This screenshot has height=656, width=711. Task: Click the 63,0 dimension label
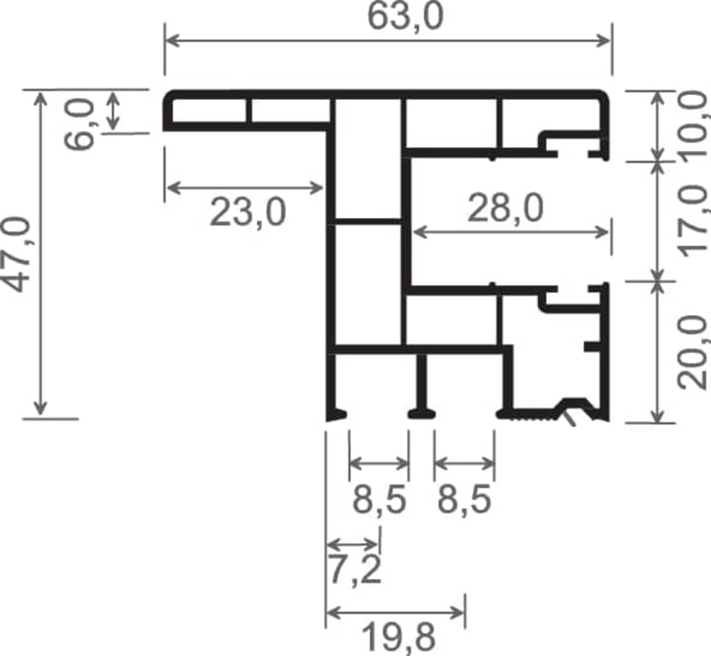click(405, 16)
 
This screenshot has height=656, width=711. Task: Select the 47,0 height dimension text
click(16, 254)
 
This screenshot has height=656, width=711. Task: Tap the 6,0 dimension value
click(80, 124)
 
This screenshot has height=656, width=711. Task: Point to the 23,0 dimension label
click(248, 212)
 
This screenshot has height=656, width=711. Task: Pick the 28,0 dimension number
click(505, 208)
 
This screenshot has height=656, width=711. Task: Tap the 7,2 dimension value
click(354, 569)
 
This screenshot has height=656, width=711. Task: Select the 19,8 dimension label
click(399, 637)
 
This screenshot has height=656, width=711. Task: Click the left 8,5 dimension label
click(379, 499)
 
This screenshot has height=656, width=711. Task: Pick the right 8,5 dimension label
click(464, 499)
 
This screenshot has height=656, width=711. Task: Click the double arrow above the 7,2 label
click(353, 543)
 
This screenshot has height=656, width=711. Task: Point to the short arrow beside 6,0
click(113, 111)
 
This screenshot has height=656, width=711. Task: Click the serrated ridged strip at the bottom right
click(533, 414)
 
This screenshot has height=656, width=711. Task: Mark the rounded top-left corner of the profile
click(170, 97)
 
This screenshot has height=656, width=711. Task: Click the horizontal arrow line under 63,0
click(388, 40)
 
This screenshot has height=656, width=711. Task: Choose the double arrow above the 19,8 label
click(395, 613)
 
